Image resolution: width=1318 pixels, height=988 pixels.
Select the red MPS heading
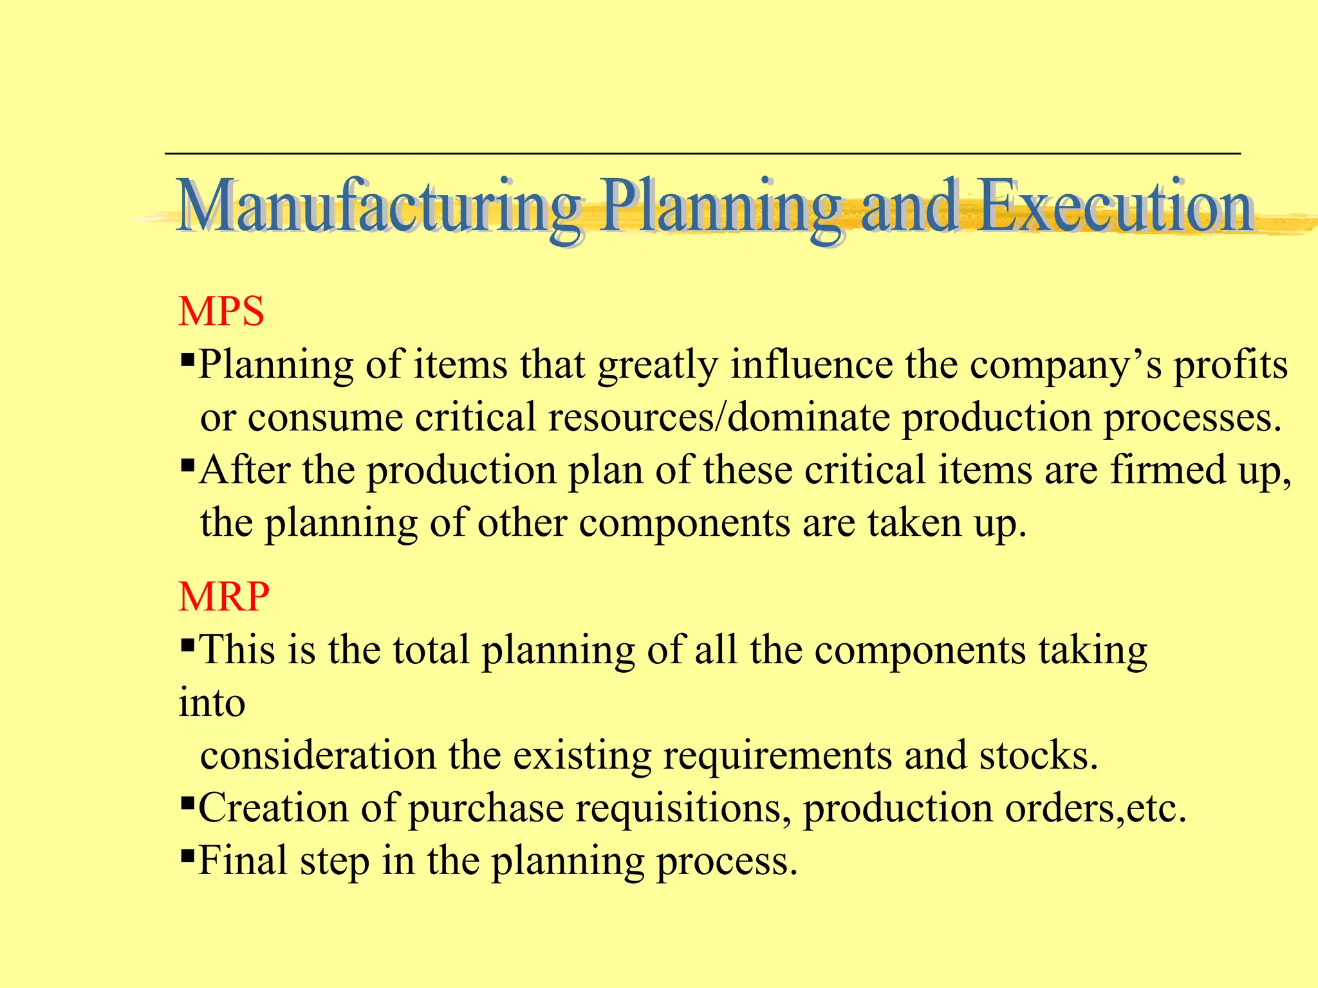coord(221,312)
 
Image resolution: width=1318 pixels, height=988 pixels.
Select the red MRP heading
coord(224,597)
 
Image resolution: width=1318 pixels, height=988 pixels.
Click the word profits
coord(1230,365)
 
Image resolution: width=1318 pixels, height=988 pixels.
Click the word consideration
coord(318,755)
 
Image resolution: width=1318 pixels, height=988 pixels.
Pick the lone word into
coord(212,702)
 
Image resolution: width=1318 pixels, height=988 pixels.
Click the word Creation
coord(273,808)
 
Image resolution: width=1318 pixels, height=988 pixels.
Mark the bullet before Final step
coord(188,855)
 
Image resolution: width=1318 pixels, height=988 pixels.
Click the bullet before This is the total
coord(188,644)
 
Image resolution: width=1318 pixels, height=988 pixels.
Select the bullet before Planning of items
coord(188,358)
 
